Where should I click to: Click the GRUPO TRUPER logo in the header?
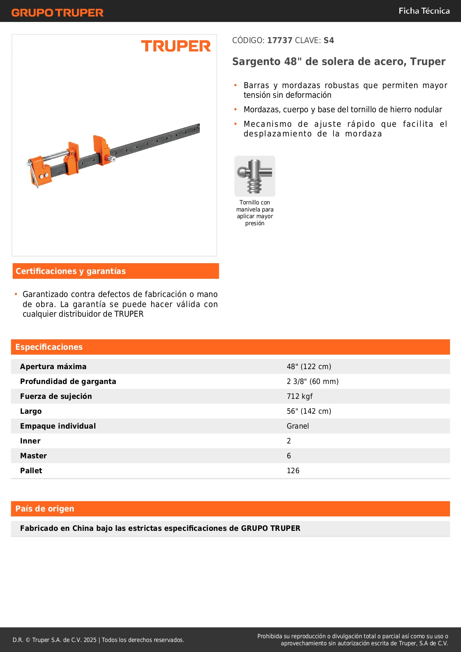click(x=58, y=13)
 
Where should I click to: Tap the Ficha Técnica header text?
click(x=424, y=11)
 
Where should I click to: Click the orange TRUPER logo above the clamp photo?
click(x=176, y=46)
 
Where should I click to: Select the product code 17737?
click(x=280, y=41)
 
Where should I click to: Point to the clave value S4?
click(x=329, y=41)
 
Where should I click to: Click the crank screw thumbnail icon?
click(x=255, y=176)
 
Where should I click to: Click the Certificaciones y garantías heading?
click(x=71, y=271)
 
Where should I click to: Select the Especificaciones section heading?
click(x=49, y=347)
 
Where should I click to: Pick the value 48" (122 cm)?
click(x=309, y=367)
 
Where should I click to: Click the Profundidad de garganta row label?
click(x=68, y=381)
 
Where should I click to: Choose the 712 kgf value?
click(x=299, y=396)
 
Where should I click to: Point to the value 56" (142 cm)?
click(x=309, y=411)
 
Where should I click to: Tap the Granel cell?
click(x=298, y=426)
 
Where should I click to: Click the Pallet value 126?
click(x=293, y=471)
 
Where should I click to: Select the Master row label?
click(x=33, y=456)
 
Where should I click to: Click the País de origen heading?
click(x=45, y=509)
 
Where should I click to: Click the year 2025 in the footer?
click(x=90, y=640)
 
